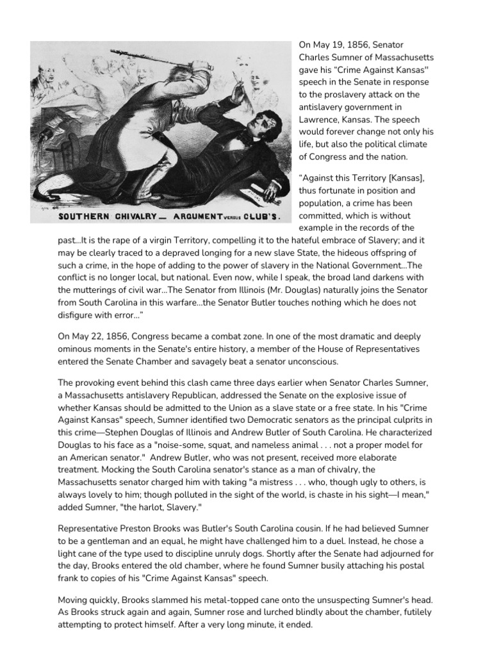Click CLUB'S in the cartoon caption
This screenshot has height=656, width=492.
pyautogui.click(x=262, y=216)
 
